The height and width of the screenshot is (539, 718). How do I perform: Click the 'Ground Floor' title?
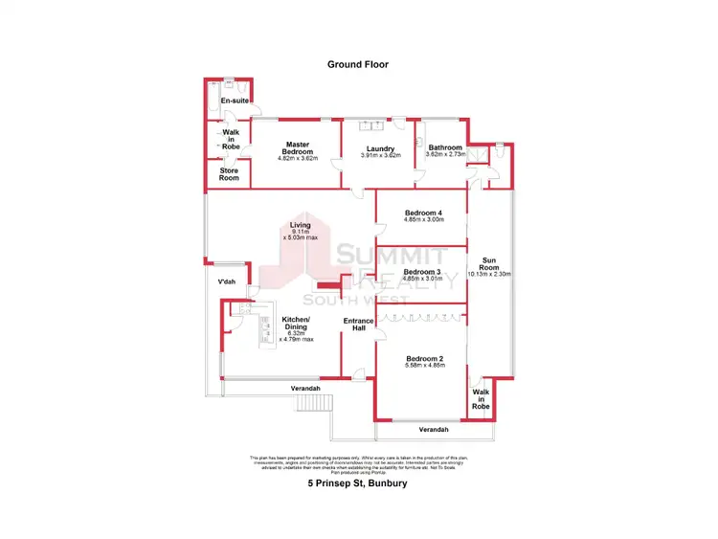coord(358,65)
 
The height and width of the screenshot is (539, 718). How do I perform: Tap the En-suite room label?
coord(235,101)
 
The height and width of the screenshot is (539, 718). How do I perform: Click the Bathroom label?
coord(444,147)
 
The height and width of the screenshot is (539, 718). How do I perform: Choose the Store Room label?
coord(229,173)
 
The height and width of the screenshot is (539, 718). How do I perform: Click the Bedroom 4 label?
coord(423,212)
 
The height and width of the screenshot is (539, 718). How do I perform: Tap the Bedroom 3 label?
coord(422,272)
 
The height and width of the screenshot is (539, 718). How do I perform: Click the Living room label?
coord(301,225)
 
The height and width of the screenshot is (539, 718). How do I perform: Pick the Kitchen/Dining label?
coord(296,324)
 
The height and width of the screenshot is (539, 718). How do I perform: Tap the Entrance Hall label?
coord(357,324)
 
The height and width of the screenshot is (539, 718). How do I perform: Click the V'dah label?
coord(227,281)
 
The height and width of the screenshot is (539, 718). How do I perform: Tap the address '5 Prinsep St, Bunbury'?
coord(358,483)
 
